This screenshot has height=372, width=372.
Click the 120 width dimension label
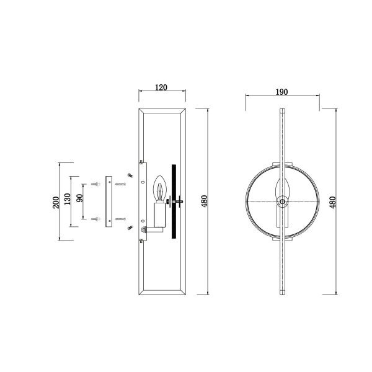[x=161, y=87]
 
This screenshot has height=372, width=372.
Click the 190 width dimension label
[x=281, y=92]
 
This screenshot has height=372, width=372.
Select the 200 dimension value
[x=56, y=202]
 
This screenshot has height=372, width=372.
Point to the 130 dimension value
[x=68, y=199]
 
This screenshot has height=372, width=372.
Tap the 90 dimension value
[x=80, y=198]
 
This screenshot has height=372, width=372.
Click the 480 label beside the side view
[x=204, y=201]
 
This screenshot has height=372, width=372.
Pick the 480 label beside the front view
[x=332, y=202]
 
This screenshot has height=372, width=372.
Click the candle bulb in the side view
[x=160, y=188]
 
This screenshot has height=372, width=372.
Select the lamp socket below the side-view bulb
[x=159, y=215]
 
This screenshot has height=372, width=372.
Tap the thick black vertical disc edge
[x=174, y=201]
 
